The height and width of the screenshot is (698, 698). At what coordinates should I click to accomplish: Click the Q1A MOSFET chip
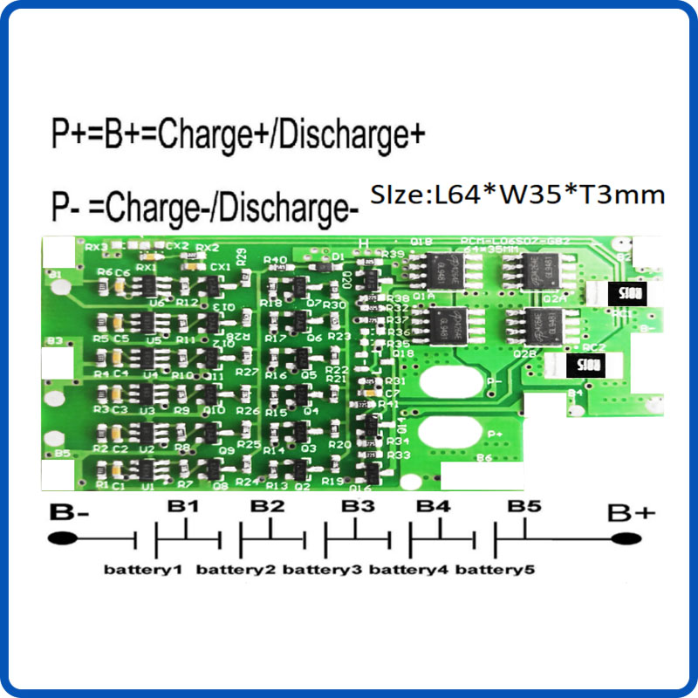[x=448, y=271]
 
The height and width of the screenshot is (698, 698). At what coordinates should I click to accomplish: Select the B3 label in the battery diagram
[x=357, y=506]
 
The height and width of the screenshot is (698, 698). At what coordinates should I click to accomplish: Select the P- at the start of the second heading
[x=64, y=209]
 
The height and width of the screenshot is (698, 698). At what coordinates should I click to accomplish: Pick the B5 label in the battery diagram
[x=524, y=506]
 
